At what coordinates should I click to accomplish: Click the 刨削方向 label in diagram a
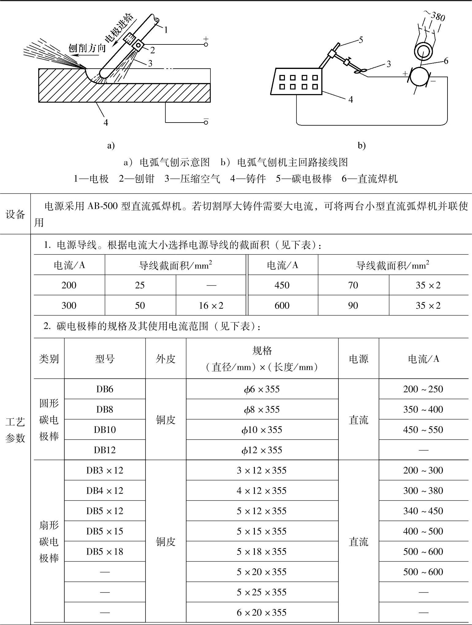[x=87, y=48]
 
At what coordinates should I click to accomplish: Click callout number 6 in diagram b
[x=446, y=61]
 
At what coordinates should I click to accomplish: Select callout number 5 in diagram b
[x=361, y=40]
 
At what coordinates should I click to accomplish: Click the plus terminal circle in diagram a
[x=206, y=44]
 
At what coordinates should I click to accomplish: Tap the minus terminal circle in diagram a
[x=206, y=123]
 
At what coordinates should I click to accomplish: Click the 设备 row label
[x=15, y=214]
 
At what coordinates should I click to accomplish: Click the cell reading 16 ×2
[x=211, y=305]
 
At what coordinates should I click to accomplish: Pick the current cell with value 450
[x=282, y=285]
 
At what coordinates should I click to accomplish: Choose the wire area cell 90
[x=353, y=305]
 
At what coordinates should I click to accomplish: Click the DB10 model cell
[x=105, y=430]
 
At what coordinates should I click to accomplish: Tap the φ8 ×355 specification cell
[x=262, y=409]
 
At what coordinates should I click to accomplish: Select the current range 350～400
[x=423, y=409]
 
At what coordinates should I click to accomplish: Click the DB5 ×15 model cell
[x=105, y=531]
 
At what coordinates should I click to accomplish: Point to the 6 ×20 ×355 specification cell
[x=262, y=612]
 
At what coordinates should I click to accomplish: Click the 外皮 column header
[x=165, y=359]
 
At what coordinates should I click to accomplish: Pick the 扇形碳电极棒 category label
[x=49, y=542]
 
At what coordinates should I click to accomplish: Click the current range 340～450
[x=423, y=511]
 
